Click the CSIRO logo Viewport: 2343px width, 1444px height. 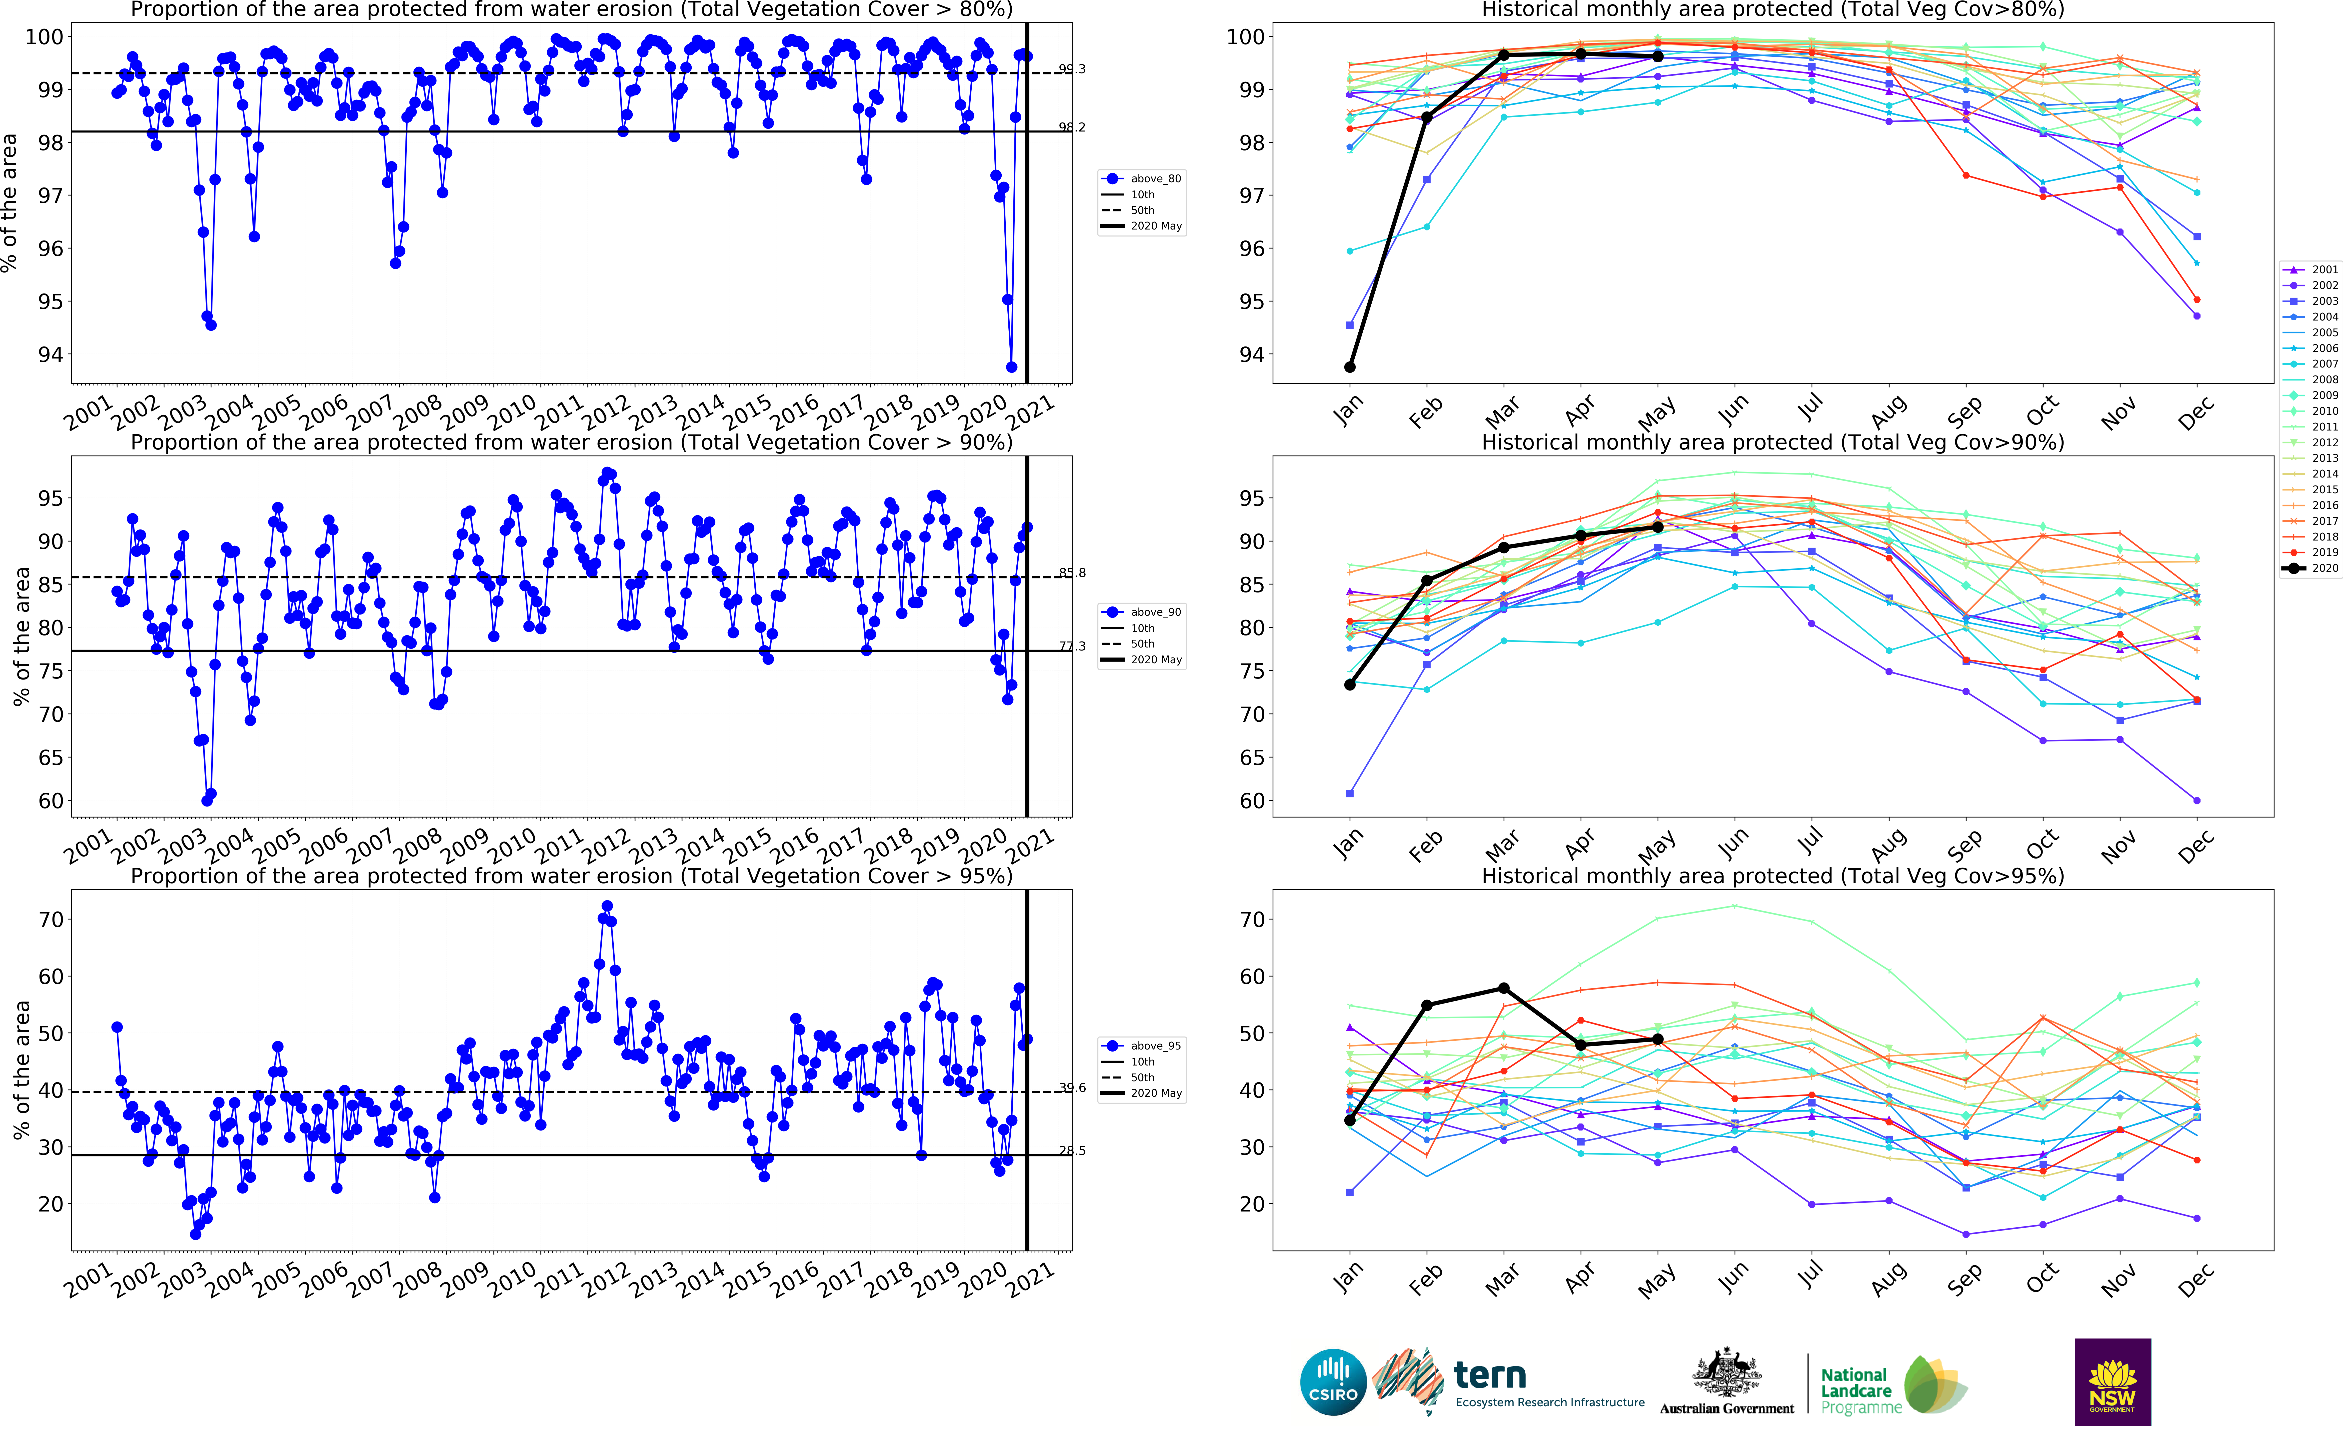pyautogui.click(x=1333, y=1382)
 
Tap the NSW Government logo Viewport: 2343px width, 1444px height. pyautogui.click(x=2112, y=1382)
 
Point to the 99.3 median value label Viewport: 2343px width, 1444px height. pyautogui.click(x=1071, y=69)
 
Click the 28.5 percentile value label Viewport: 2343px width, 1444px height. pyautogui.click(x=1071, y=1151)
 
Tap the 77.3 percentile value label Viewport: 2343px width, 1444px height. pyautogui.click(x=1071, y=646)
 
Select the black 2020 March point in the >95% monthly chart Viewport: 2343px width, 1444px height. pyautogui.click(x=1504, y=987)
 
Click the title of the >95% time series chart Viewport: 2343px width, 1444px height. pyautogui.click(x=571, y=876)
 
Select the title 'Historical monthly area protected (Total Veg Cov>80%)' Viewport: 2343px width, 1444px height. pyautogui.click(x=1772, y=9)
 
